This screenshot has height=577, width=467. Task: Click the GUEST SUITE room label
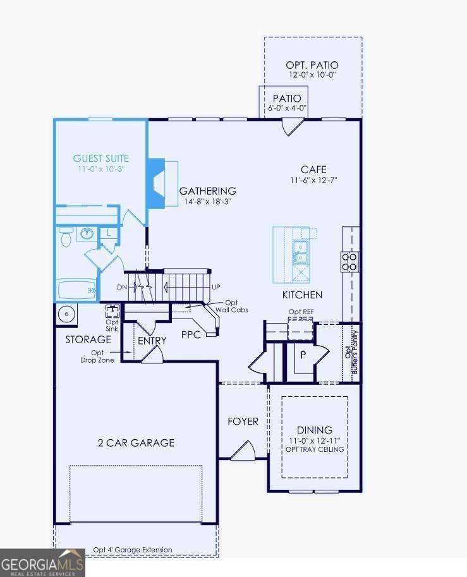point(101,159)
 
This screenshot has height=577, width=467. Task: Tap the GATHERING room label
point(207,191)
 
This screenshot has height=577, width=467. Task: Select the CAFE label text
point(313,169)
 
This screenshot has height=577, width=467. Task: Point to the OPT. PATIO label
point(313,65)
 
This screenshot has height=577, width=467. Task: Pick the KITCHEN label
point(302,295)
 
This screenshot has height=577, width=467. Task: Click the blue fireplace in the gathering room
point(155,184)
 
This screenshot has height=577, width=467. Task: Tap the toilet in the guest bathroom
point(66,236)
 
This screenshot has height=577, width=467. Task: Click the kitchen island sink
point(300,251)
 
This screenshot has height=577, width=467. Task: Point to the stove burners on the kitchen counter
point(349,262)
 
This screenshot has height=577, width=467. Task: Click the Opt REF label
point(301,312)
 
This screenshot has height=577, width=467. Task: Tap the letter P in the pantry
point(303,355)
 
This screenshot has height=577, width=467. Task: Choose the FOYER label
point(243,421)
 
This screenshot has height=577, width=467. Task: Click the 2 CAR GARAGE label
point(136,442)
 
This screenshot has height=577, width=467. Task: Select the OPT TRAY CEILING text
point(314,449)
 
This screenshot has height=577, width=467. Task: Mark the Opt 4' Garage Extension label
point(132,550)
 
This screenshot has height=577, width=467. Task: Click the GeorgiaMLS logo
point(42,562)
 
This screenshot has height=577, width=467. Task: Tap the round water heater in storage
point(65,313)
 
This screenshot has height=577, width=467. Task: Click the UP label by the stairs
point(216,287)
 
